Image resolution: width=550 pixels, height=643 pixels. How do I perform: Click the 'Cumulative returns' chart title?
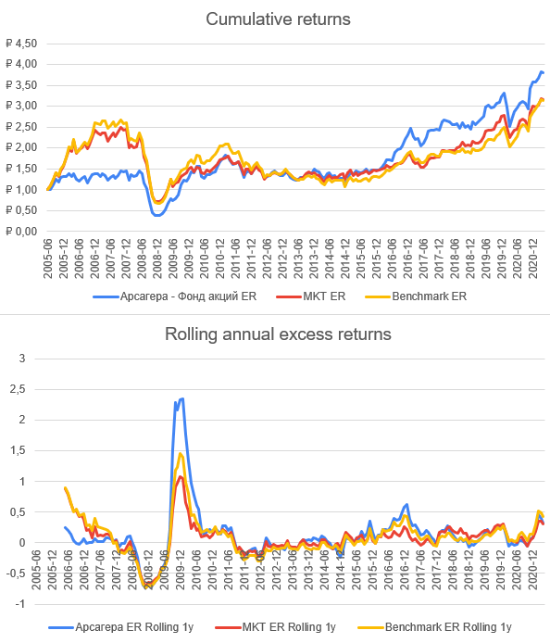point(278,19)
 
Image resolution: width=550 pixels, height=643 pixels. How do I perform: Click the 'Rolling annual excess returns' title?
point(278,334)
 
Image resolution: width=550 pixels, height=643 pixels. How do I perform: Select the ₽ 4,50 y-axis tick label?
point(21,44)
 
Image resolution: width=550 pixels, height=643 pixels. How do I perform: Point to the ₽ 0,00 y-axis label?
point(21,232)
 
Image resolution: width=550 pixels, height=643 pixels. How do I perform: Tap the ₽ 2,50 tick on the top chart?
point(21,127)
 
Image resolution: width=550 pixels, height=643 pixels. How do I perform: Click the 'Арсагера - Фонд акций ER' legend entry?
point(175,296)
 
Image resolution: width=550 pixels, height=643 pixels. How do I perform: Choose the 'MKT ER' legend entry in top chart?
point(311,296)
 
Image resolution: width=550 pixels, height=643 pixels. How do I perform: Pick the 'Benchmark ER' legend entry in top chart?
point(416,296)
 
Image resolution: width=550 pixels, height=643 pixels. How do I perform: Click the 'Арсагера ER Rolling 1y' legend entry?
point(121,627)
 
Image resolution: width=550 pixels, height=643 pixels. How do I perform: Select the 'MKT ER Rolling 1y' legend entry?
point(275,627)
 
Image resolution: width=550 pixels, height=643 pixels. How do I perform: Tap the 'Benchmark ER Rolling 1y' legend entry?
point(434,627)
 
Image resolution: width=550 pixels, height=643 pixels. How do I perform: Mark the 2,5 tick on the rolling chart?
point(18,389)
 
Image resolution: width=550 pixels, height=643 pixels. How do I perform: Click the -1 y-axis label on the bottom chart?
point(20,604)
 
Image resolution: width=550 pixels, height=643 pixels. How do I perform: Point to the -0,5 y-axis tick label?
point(16,574)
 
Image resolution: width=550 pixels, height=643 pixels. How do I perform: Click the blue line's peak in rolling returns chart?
point(182,398)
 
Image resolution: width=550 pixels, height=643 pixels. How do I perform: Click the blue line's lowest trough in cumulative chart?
point(157,215)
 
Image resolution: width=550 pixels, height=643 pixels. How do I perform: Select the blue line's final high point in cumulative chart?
point(541,71)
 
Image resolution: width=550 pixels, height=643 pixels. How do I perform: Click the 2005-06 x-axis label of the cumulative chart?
point(48,258)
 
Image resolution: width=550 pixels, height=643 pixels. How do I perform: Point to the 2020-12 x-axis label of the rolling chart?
point(532,571)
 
